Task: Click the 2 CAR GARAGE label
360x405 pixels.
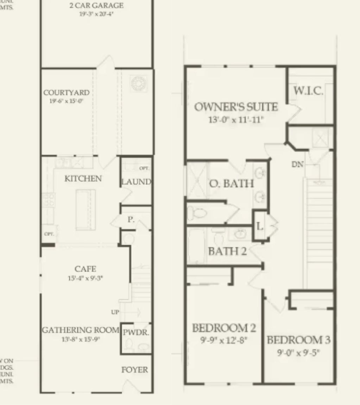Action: point(96,6)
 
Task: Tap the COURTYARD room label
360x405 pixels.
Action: point(67,93)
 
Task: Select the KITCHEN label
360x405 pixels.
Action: point(83,179)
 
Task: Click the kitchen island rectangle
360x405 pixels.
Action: point(86,209)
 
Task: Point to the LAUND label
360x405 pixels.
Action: point(136,182)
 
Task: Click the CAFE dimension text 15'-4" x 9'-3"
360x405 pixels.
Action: point(86,278)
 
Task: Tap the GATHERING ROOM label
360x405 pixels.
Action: point(81,330)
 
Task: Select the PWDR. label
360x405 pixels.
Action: point(136,333)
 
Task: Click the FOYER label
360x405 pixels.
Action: point(135,370)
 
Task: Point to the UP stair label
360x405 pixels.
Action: point(115,312)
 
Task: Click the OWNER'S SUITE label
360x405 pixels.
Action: point(236,107)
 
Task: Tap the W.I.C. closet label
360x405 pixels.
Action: point(308,91)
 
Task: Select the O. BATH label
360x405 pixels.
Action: point(232,183)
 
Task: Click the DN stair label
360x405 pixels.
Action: point(298,164)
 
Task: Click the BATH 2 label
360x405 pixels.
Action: point(227,251)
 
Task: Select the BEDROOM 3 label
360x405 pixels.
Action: point(299,340)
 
